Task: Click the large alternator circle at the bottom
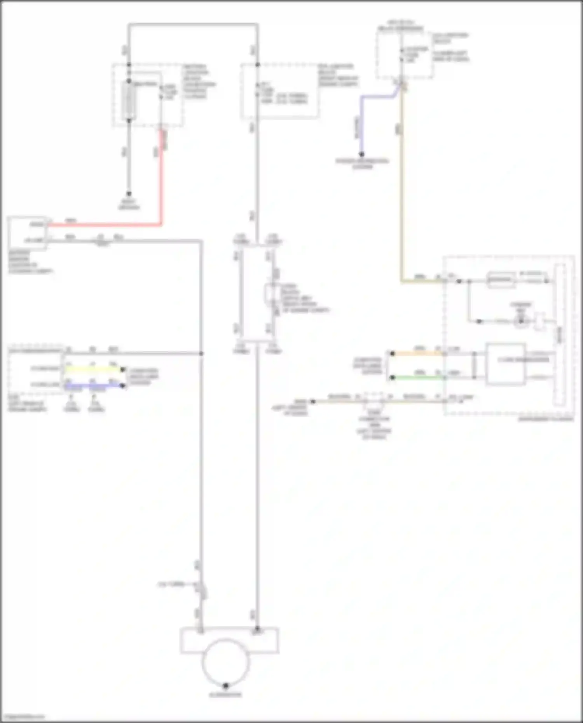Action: tap(225, 663)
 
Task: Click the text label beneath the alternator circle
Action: tap(225, 695)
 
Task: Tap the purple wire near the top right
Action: tap(362, 124)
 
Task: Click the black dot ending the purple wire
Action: tap(361, 154)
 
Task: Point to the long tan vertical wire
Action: tap(401, 186)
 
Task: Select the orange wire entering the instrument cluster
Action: tap(418, 354)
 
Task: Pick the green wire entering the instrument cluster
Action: tap(418, 377)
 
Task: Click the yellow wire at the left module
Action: tap(93, 369)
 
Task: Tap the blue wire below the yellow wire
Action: tap(93, 386)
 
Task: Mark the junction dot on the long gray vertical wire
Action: tap(201, 354)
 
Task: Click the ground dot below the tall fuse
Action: tap(129, 193)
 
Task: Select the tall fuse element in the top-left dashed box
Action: tap(129, 101)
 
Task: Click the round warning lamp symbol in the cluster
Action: tap(521, 321)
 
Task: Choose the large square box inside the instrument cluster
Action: tap(505, 364)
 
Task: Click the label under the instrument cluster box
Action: tap(546, 419)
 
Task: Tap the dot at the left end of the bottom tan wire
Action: tap(313, 401)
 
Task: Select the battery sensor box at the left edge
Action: tap(27, 233)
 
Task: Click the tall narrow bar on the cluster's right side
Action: tap(560, 334)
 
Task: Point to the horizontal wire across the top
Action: tap(193, 25)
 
